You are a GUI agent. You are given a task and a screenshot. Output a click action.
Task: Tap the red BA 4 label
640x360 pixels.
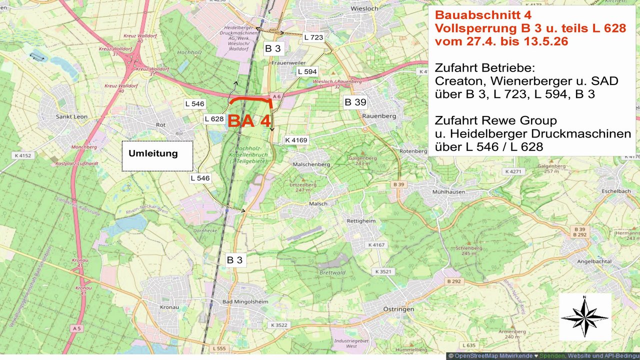click(x=249, y=121)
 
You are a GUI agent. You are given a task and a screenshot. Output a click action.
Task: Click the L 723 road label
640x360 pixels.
click(x=313, y=37)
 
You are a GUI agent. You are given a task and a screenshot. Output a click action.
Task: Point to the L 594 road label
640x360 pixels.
click(x=307, y=71)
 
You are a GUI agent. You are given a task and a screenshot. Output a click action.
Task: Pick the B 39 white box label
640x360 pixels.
click(x=355, y=102)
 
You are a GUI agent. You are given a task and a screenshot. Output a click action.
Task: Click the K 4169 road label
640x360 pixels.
click(x=296, y=140)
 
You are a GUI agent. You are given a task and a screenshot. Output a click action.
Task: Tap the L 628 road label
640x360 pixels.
click(x=213, y=118)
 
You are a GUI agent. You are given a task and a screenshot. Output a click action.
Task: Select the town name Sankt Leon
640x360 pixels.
click(x=71, y=116)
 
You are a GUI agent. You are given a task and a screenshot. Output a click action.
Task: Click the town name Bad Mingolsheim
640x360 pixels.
click(x=245, y=302)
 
